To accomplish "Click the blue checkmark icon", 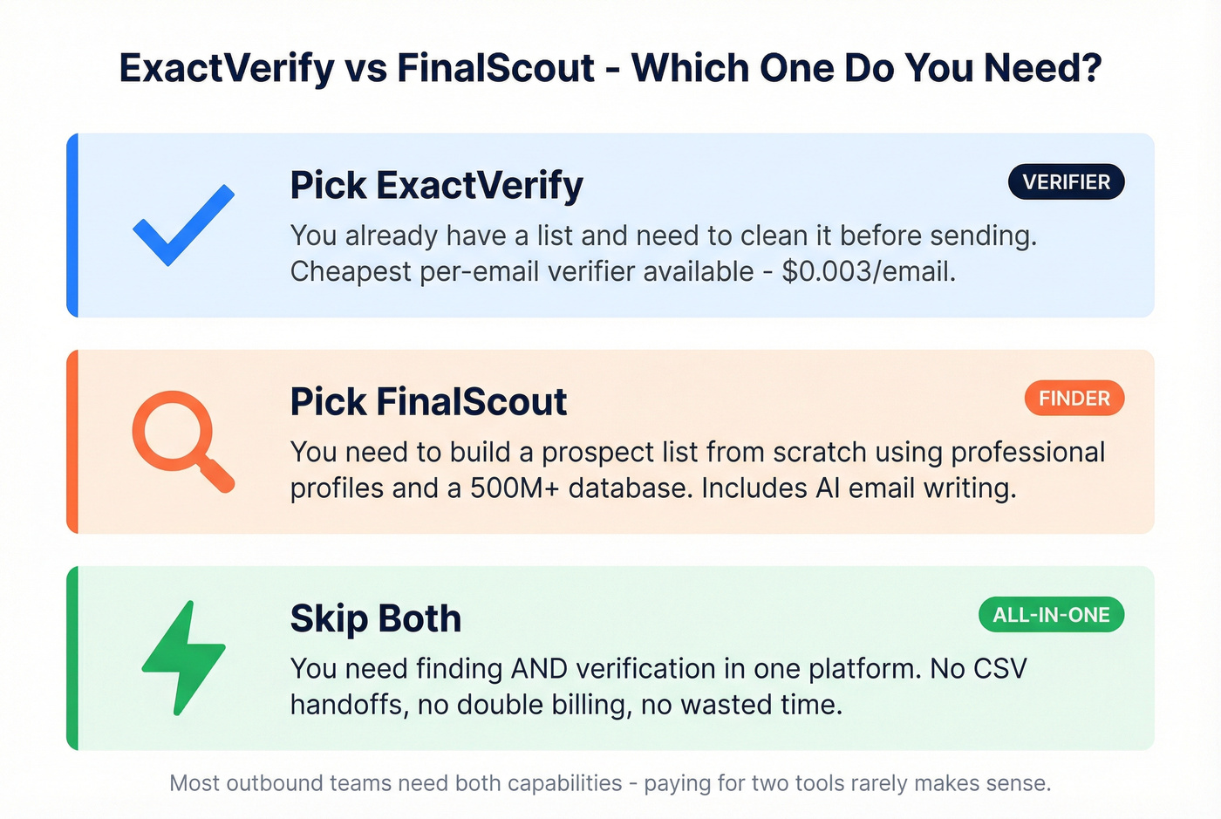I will point(183,224).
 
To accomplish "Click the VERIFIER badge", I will point(1066,182).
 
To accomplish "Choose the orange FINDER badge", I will point(1074,399).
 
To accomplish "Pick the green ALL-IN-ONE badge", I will point(1051,615).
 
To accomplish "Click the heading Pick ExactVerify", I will point(436,186).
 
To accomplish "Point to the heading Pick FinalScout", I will point(428,402).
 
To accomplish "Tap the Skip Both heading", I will point(375,618).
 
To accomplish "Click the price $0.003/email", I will point(868,272).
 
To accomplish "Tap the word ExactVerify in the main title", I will point(227,68).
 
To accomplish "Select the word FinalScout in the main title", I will point(495,68).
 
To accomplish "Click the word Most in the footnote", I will point(194,783).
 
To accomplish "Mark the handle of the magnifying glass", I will point(217,475).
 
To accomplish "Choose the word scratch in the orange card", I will point(815,453).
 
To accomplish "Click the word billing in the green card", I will point(589,705).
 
